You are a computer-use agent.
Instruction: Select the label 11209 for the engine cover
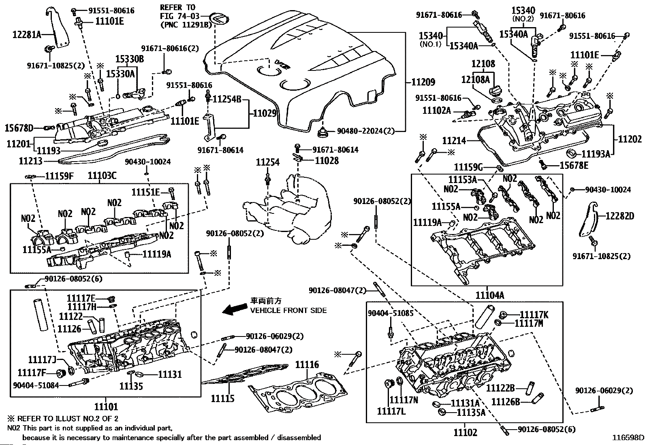423,82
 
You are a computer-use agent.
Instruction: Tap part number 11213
30,161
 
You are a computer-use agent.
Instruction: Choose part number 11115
222,398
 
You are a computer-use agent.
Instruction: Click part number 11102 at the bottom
465,432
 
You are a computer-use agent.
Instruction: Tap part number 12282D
620,216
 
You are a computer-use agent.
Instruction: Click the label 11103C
102,176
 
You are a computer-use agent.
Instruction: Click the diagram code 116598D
628,437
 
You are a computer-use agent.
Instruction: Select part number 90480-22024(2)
365,131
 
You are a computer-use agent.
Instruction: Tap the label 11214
454,141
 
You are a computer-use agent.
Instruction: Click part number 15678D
19,128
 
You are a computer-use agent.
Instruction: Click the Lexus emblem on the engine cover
219,19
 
